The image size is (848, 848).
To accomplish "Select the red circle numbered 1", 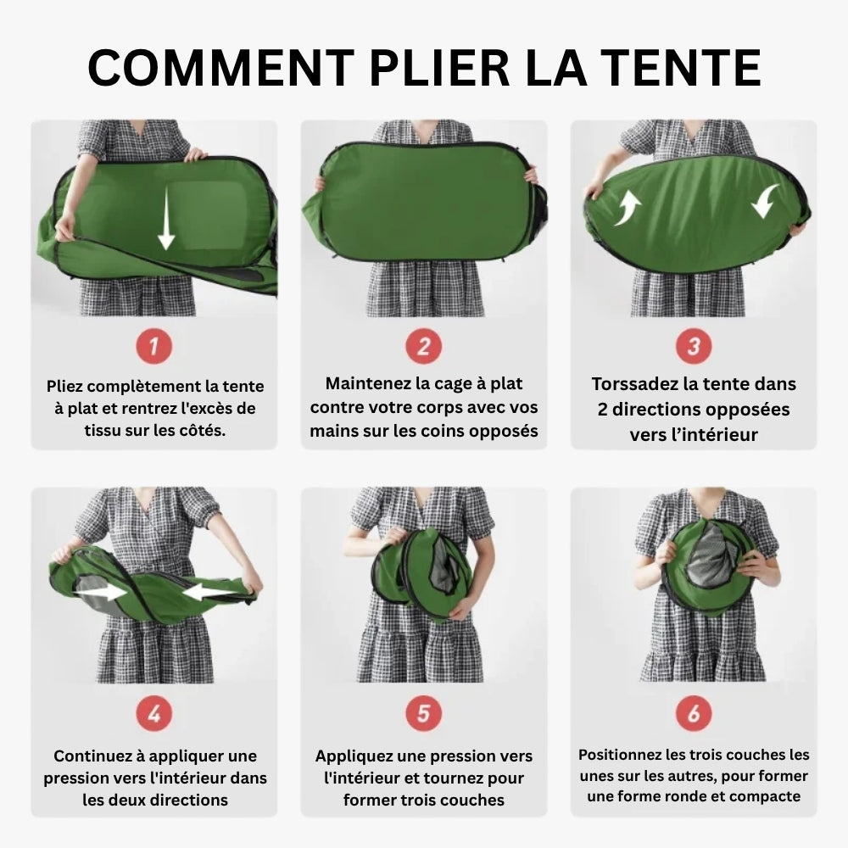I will click(x=154, y=346).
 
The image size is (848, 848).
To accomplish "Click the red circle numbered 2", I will click(x=424, y=346).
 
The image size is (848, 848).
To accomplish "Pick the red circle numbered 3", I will click(x=694, y=346).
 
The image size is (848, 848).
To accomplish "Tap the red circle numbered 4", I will click(x=154, y=714).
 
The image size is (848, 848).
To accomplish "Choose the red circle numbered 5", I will click(x=424, y=714).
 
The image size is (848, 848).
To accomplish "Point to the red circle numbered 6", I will click(x=694, y=714).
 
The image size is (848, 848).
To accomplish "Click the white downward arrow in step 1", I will click(x=166, y=220).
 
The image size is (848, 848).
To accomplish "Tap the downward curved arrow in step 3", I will click(x=765, y=200).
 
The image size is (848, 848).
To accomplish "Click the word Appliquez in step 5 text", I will click(x=354, y=756).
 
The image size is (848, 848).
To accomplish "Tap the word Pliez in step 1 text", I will click(x=66, y=387).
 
